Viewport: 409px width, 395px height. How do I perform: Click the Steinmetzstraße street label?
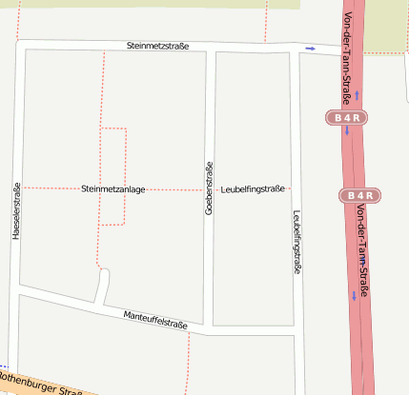157,46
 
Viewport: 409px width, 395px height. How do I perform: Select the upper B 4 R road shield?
347,118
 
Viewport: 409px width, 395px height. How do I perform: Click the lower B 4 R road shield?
360,195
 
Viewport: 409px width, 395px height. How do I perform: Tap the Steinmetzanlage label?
113,189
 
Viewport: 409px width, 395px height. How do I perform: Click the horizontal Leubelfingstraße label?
253,189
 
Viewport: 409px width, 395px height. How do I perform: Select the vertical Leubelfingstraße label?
297,242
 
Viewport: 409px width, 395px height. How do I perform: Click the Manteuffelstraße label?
155,320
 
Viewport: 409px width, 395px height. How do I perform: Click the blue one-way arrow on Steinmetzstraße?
310,48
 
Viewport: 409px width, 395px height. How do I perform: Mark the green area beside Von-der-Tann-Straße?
387,25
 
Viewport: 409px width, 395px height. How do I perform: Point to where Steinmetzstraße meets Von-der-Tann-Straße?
341,50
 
